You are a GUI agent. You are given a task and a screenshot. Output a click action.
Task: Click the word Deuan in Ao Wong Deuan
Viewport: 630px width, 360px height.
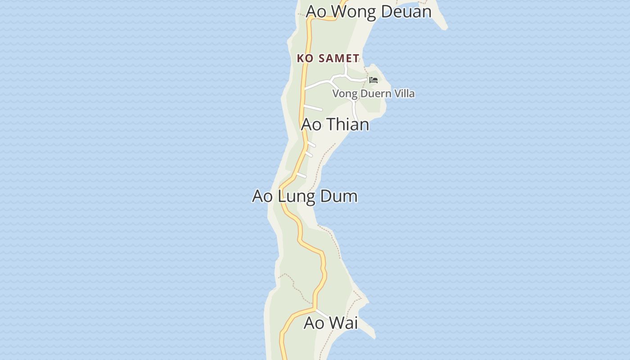click(x=406, y=11)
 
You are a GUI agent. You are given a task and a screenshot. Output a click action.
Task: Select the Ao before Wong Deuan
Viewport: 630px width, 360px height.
click(x=316, y=12)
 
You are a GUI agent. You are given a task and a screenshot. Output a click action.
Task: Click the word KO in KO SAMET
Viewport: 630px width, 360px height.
click(x=305, y=58)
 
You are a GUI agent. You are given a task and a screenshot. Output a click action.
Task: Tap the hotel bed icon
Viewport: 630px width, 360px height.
click(x=373, y=80)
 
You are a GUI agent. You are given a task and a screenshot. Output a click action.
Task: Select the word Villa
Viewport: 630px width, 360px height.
click(x=403, y=94)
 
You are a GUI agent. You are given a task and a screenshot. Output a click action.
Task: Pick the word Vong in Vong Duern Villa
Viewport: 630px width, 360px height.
click(x=343, y=94)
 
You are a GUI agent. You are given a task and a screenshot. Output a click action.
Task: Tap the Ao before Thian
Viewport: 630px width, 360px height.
click(x=311, y=124)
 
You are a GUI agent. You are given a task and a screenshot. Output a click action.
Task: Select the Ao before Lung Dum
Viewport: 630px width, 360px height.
click(x=263, y=196)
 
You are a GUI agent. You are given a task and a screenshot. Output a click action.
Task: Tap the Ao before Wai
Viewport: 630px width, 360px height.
click(x=314, y=323)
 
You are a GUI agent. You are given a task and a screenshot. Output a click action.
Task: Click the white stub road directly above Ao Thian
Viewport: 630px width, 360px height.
click(x=313, y=108)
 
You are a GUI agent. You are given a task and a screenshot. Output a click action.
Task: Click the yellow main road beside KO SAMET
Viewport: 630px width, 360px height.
click(x=304, y=72)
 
